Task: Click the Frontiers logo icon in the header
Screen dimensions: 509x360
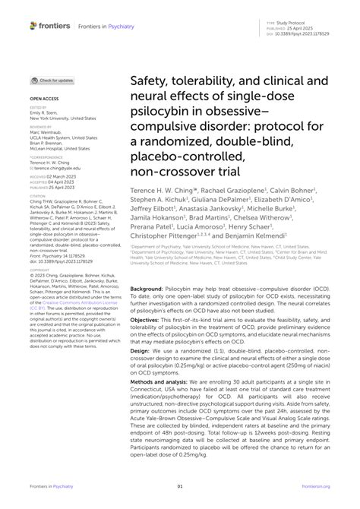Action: click(x=34, y=25)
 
